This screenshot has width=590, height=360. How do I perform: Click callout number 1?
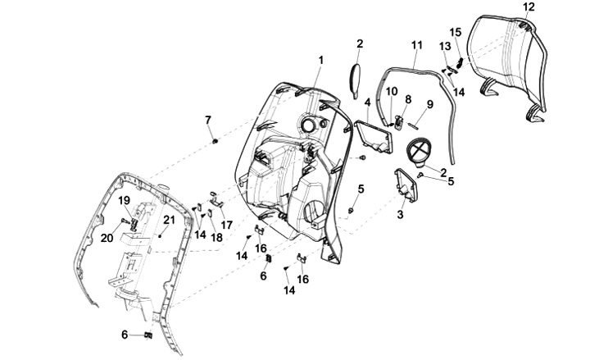(320, 60)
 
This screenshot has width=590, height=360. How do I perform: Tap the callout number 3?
(401, 214)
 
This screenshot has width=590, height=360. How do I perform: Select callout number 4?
(368, 103)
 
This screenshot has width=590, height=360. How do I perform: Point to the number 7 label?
(208, 121)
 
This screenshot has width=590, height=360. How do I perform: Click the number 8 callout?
(407, 99)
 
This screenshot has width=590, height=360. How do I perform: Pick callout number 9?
(429, 104)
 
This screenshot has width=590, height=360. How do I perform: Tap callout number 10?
(392, 90)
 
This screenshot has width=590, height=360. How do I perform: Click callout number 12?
(528, 7)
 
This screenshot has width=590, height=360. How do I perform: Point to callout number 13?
(444, 46)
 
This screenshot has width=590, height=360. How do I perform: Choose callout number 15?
(456, 32)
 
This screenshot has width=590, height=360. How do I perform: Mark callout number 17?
(227, 224)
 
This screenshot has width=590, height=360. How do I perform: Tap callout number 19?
(124, 200)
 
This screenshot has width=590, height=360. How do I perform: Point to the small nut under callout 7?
(214, 142)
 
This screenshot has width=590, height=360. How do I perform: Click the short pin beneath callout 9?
(416, 125)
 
